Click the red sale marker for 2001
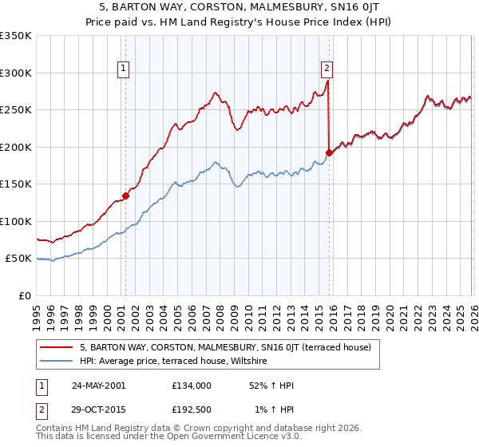click(125, 195)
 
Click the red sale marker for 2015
click(328, 152)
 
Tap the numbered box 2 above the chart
click(327, 69)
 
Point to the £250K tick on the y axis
click(16, 109)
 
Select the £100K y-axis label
click(16, 221)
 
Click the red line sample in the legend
click(57, 347)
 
